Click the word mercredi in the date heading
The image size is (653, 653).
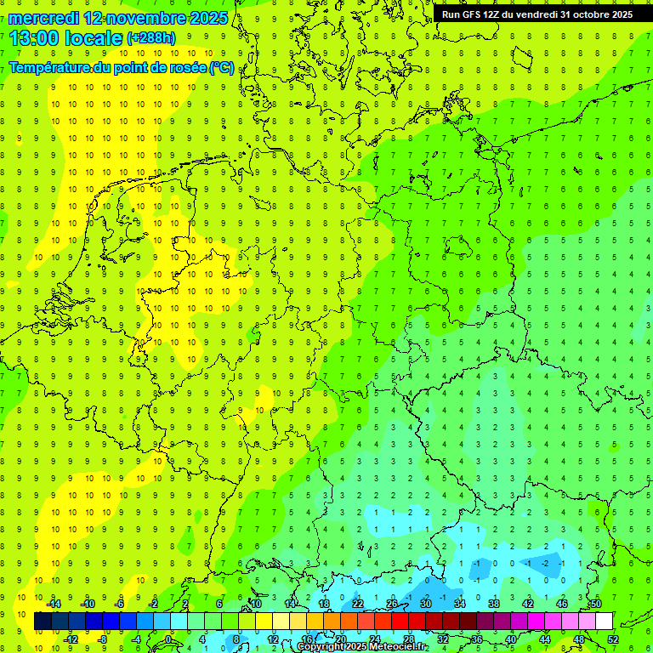click(x=43, y=18)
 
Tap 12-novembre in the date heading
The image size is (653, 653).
click(x=135, y=18)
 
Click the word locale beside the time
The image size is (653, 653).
click(x=96, y=37)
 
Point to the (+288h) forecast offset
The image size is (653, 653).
click(x=154, y=38)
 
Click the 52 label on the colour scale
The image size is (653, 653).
click(x=613, y=639)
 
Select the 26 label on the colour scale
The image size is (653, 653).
click(x=392, y=604)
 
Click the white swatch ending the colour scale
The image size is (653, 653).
click(x=604, y=622)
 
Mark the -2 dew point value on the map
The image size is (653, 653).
click(x=545, y=563)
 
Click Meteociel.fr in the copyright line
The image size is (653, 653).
click(x=399, y=647)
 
